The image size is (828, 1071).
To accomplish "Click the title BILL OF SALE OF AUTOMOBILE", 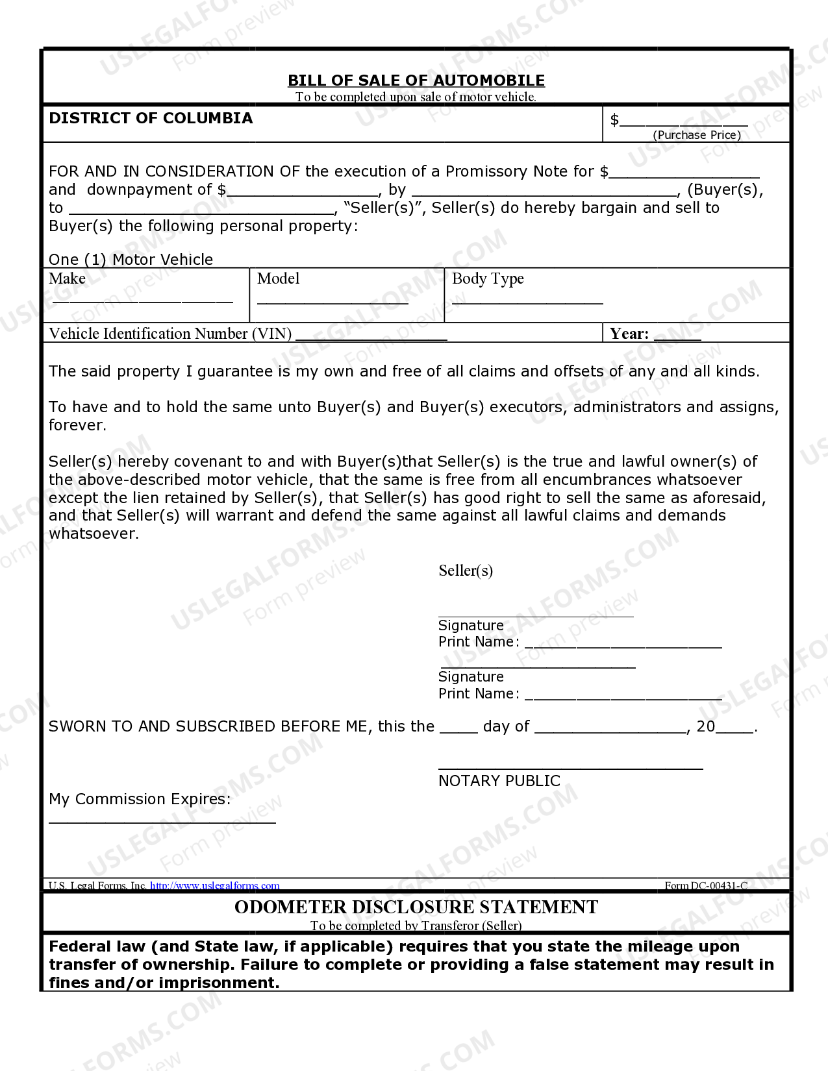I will tap(416, 80).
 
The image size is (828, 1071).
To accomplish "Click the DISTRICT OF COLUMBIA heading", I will tap(151, 118).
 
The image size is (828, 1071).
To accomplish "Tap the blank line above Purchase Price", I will tap(683, 123).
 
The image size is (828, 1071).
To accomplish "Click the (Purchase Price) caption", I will tap(697, 135).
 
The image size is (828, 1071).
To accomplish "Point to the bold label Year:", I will tap(629, 334).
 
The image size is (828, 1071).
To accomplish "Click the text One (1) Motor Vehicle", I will tap(131, 260).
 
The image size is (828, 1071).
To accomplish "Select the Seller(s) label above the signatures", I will tap(466, 571).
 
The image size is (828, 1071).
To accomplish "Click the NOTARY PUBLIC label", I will tap(499, 781).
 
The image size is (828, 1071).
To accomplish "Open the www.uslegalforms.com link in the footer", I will tap(214, 885).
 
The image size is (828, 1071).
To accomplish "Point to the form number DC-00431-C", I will tap(706, 886).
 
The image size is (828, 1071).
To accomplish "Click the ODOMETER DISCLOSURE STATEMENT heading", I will tap(416, 907).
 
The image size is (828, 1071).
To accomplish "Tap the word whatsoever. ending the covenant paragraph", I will tap(94, 534).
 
